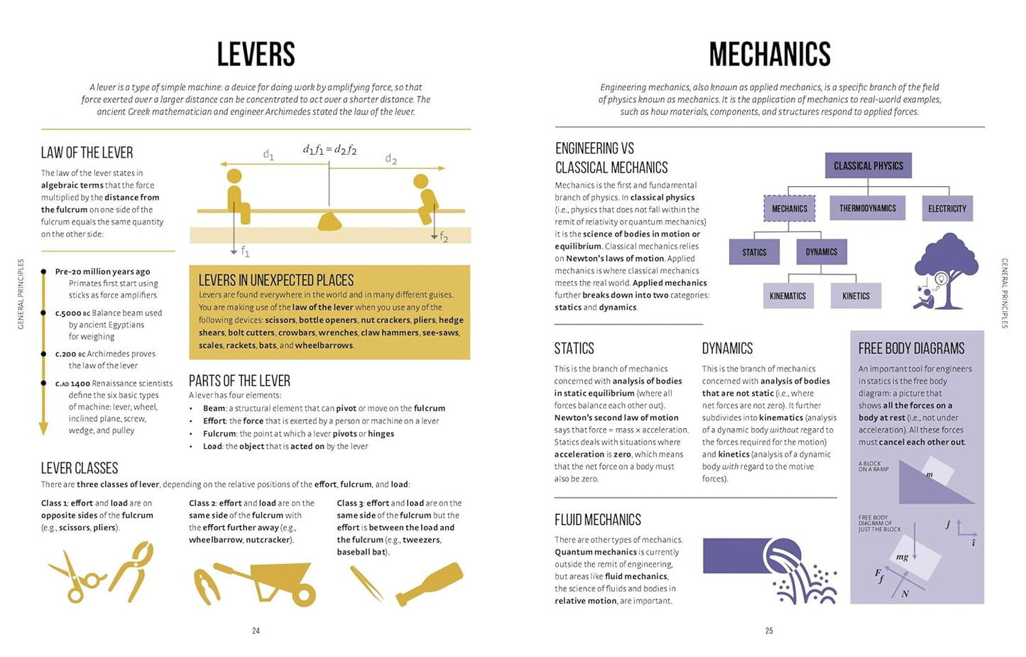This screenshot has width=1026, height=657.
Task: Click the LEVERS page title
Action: coord(256,55)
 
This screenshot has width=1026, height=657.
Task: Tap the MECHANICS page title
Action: coord(770,55)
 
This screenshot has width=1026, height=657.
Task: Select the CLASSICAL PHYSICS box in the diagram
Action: coord(868,165)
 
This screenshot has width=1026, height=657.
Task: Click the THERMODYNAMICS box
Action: coord(868,208)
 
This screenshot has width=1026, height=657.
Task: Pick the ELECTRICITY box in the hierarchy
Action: coord(946,208)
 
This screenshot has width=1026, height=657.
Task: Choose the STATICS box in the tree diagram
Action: coord(754,252)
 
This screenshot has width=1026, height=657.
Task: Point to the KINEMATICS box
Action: coord(787,295)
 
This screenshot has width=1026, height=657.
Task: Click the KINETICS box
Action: coord(856,295)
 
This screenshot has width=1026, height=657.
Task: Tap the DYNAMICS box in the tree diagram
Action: coord(822,252)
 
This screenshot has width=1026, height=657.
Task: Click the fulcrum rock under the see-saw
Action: coord(330,222)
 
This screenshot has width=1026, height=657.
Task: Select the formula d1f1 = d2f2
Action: coord(329,150)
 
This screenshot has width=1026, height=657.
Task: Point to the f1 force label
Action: coord(245,251)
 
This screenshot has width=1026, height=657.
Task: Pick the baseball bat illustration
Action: coord(430,583)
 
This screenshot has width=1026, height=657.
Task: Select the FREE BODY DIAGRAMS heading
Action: coord(911,349)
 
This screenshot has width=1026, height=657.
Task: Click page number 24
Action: coord(256,631)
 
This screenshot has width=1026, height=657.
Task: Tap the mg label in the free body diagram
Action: coord(902,557)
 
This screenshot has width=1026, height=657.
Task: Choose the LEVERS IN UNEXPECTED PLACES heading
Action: coord(276,281)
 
